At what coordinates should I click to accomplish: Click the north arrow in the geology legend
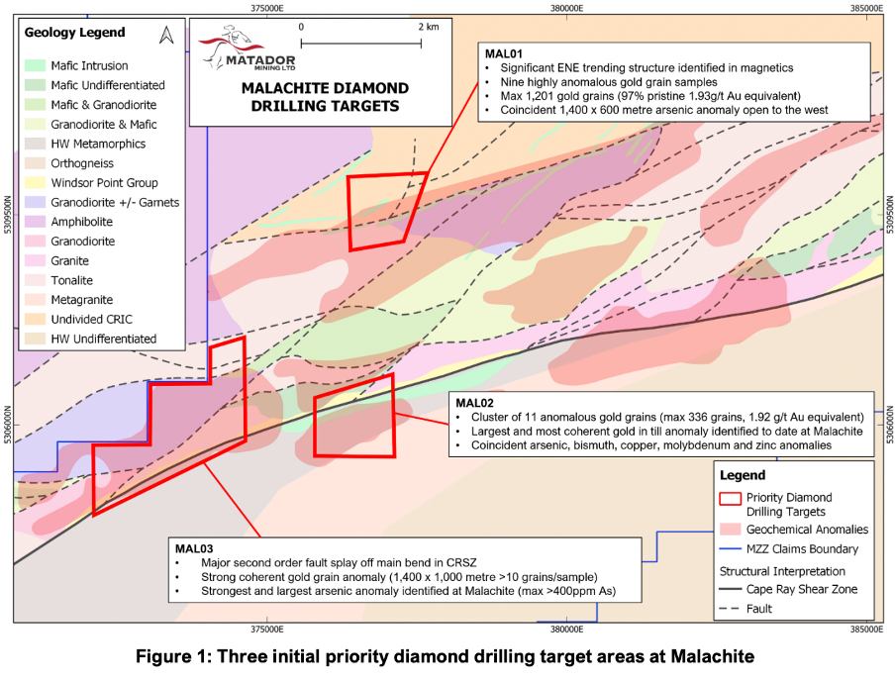166,36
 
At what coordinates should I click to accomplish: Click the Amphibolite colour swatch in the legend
35,222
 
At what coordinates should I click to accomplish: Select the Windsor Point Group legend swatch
35,182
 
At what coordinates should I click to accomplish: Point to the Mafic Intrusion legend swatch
35,65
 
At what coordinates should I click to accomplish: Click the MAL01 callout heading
503,54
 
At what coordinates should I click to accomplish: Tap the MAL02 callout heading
474,404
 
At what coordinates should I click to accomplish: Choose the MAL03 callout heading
194,549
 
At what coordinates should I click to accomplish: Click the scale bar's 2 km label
429,27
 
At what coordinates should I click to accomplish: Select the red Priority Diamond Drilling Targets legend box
730,498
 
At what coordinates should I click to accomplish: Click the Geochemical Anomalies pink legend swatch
730,529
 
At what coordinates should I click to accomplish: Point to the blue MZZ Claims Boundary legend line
730,549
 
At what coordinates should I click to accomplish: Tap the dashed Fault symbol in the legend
730,609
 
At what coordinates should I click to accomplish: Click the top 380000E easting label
566,8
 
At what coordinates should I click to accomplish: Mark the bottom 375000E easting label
267,630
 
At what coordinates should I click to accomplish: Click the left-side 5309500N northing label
7,215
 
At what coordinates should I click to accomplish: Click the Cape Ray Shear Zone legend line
730,589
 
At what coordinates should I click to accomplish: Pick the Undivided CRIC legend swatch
35,319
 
